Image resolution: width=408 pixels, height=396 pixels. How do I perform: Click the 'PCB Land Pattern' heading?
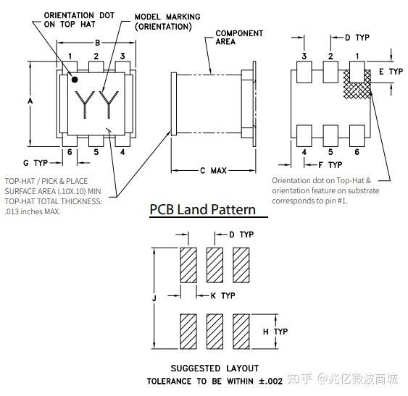(x=202, y=209)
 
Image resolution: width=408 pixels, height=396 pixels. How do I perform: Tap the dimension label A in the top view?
(x=30, y=102)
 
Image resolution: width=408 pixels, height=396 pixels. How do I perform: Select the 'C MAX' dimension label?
(x=213, y=171)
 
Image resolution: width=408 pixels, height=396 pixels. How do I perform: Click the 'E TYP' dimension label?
(x=391, y=72)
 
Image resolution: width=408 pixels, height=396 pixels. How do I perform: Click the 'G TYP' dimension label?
(x=36, y=162)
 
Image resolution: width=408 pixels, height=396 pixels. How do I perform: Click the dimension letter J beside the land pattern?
(x=154, y=297)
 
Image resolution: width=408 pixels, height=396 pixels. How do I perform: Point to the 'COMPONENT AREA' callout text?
(x=239, y=38)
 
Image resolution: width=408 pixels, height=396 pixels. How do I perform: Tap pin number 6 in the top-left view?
(x=70, y=151)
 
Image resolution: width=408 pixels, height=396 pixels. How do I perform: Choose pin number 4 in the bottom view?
(x=304, y=151)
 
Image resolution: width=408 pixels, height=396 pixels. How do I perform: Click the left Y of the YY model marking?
(x=84, y=106)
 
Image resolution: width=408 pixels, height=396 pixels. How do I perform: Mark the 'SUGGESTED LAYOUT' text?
(x=215, y=368)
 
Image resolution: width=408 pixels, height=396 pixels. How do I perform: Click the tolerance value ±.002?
(x=269, y=381)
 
